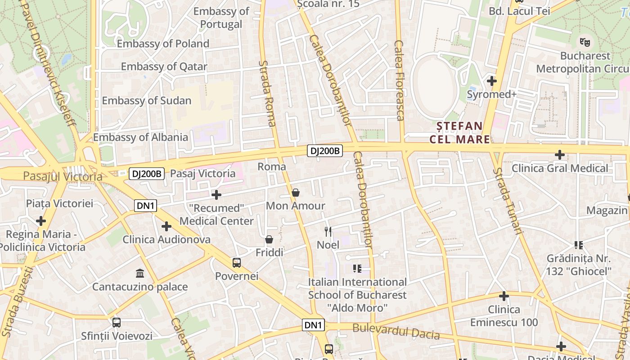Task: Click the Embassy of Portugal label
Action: [x=221, y=18]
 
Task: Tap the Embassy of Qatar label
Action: [x=164, y=67]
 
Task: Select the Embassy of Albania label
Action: [x=140, y=137]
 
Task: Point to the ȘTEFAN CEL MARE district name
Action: [x=459, y=132]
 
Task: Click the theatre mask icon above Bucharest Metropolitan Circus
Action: [x=585, y=42]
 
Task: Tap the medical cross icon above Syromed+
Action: [x=492, y=81]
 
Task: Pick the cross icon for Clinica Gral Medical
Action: [x=560, y=155]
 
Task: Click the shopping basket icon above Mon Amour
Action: [x=296, y=193]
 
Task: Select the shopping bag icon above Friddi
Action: [x=269, y=239]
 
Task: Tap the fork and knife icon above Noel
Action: [x=328, y=232]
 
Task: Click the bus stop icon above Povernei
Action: [x=237, y=263]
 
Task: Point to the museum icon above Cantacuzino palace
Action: [x=140, y=274]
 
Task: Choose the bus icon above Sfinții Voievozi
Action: [x=117, y=323]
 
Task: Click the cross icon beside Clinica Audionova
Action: [x=166, y=226]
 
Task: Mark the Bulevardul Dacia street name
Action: [x=396, y=331]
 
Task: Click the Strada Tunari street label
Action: [x=508, y=201]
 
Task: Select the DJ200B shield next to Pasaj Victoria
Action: [x=146, y=174]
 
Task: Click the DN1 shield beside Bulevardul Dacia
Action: [x=313, y=325]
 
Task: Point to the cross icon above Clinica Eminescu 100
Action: [x=504, y=296]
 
